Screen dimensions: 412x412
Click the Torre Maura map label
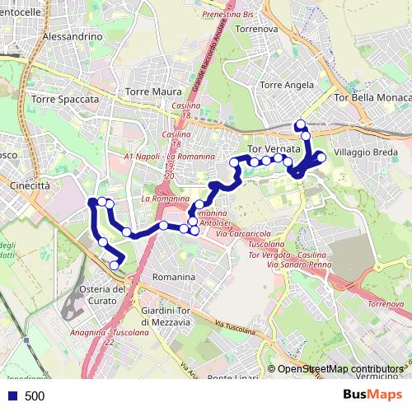click(147, 92)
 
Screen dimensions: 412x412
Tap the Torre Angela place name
click(283, 85)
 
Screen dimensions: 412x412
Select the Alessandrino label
click(72, 38)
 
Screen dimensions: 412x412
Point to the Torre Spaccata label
click(64, 99)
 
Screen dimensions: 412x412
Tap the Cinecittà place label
click(30, 186)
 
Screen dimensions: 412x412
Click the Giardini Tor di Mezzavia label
click(166, 316)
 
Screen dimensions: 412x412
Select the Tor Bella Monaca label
click(372, 98)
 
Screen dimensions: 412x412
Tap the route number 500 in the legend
click(35, 396)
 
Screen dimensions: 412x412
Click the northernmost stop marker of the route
click(300, 124)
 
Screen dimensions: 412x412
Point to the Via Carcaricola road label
click(249, 235)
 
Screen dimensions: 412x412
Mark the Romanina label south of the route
click(173, 278)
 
